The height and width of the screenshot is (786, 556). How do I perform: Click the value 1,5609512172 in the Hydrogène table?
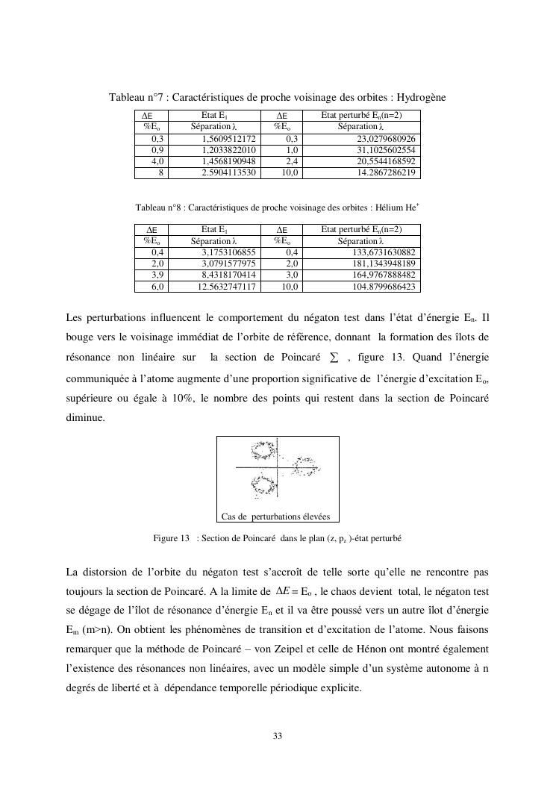229,140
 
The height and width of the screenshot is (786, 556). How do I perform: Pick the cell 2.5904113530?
229,173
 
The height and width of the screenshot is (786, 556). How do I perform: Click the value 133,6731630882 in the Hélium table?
384,253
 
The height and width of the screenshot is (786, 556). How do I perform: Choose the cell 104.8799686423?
384,287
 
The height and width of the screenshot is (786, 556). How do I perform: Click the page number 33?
278,737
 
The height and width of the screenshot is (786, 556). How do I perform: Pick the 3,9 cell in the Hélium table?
157,275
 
